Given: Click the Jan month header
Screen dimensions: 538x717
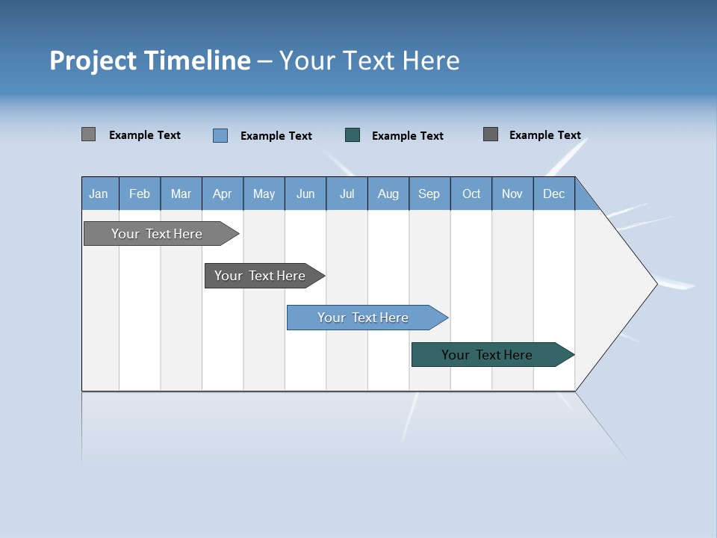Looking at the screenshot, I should pos(99,194).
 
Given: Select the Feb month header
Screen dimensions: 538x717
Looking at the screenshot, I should pos(140,194).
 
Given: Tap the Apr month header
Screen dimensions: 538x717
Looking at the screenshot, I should pos(223,194).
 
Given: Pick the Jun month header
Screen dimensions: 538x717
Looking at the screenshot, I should pos(305,194).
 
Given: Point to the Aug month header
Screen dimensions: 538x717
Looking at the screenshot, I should pos(388,194).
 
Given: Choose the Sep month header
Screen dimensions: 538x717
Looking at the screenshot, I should pos(429,194).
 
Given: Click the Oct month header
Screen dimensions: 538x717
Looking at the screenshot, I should pos(471,194).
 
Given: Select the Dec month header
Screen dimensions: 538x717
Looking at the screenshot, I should pos(554,194).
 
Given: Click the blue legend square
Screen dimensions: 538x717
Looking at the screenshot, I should pos(220,135).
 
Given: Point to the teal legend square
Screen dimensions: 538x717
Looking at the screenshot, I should pos(353,135).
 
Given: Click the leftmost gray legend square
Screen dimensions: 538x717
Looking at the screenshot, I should pos(89,134).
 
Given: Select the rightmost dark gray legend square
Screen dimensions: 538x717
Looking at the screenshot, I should pos(491,134).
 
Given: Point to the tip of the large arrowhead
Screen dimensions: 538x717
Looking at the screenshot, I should pos(655,284).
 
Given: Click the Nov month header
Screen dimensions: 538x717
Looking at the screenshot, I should pos(512,194).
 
